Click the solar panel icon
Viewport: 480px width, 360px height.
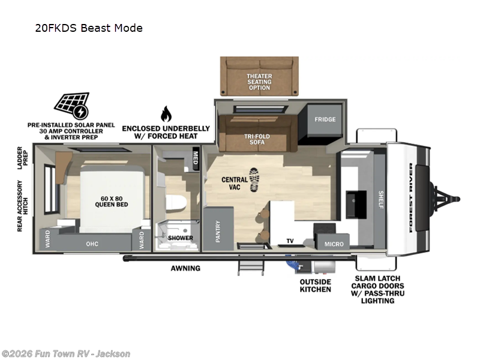point(71,106)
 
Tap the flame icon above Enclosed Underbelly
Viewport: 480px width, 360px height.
point(166,114)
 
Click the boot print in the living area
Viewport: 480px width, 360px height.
point(254,179)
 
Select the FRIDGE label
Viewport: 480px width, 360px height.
point(325,119)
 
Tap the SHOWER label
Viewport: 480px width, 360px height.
point(181,238)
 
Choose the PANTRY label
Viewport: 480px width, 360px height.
point(218,232)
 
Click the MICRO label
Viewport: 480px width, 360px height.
point(334,244)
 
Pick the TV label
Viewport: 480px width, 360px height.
point(290,241)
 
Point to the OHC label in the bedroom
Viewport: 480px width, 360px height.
point(92,243)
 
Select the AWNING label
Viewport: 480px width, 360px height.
point(185,268)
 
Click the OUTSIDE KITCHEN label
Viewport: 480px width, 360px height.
point(315,286)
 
